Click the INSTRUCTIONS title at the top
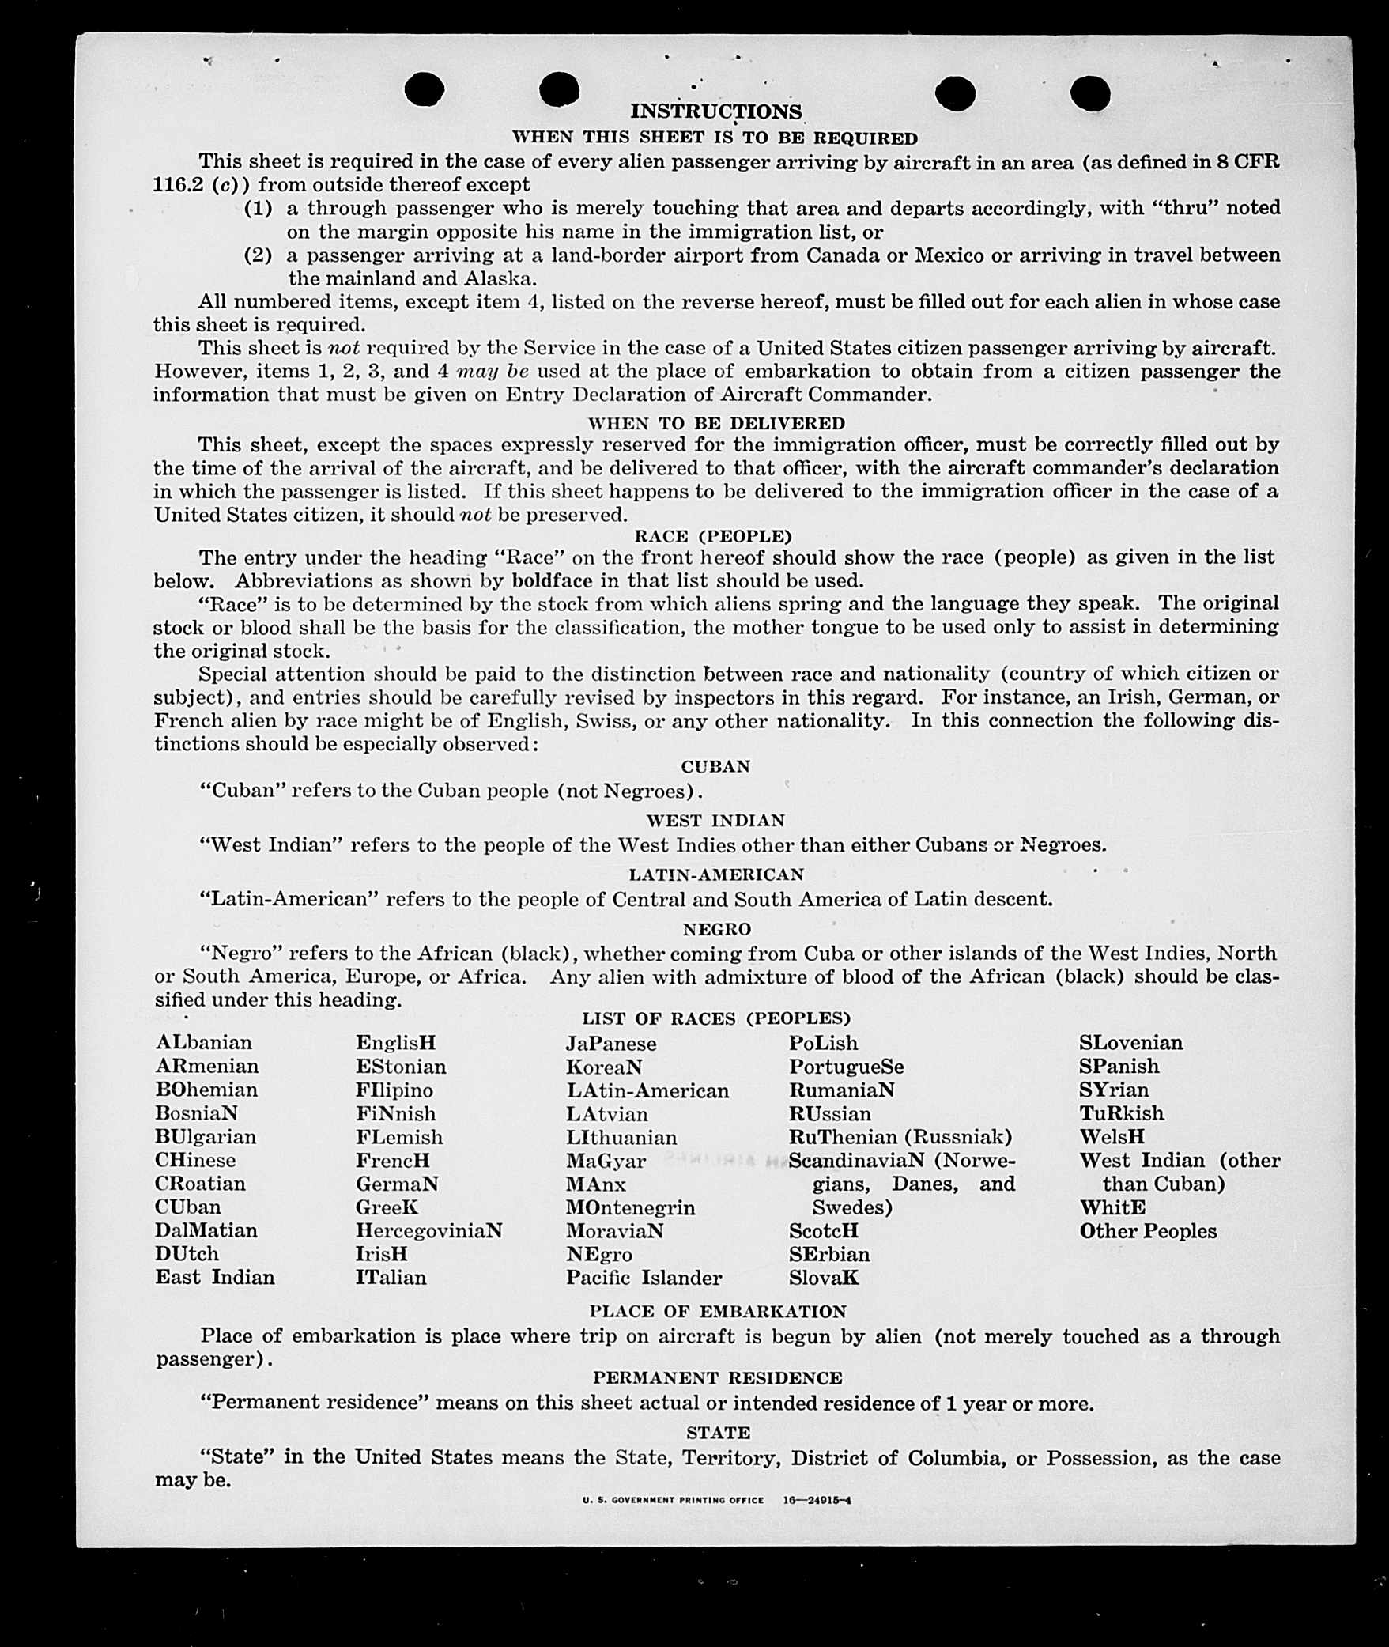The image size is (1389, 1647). click(x=715, y=111)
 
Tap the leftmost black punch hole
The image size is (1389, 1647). click(x=425, y=89)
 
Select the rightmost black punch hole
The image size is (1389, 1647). click(x=1090, y=93)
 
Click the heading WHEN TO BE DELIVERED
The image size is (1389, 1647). click(x=716, y=423)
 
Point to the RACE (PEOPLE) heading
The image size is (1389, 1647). click(x=713, y=536)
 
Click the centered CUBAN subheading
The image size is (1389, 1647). click(x=715, y=766)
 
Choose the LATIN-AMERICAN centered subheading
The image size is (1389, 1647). click(x=716, y=874)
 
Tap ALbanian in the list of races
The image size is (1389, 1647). click(x=204, y=1042)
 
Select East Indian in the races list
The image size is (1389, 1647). click(x=215, y=1277)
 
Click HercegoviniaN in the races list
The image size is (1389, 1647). click(x=428, y=1230)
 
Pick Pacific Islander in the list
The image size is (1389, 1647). click(x=644, y=1278)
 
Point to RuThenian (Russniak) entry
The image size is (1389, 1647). click(x=900, y=1137)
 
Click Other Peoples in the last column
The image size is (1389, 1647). click(x=1148, y=1231)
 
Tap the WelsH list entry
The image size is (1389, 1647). click(x=1112, y=1137)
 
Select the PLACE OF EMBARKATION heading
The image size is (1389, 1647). click(x=718, y=1312)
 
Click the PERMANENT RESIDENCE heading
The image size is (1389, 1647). click(x=718, y=1378)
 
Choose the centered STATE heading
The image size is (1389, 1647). click(x=718, y=1433)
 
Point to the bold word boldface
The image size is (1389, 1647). click(x=552, y=580)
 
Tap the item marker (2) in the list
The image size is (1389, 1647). click(x=258, y=255)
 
